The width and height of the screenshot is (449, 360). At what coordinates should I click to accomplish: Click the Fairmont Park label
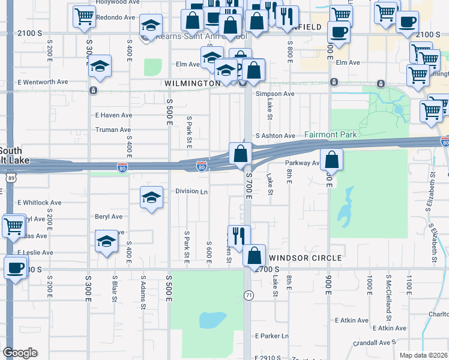(331, 135)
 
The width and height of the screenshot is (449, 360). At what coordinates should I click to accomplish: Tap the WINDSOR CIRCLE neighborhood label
(306, 257)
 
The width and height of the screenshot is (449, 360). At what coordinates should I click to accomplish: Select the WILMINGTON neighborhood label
(192, 83)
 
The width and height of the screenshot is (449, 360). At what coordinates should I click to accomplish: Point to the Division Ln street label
(191, 191)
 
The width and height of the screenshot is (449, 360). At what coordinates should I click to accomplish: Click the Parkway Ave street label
(304, 163)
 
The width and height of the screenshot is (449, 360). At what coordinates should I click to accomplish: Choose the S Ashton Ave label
(276, 136)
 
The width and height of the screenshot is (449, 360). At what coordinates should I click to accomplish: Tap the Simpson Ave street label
(275, 94)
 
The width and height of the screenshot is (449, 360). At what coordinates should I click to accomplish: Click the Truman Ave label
(113, 130)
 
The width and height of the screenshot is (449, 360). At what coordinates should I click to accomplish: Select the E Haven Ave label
(113, 115)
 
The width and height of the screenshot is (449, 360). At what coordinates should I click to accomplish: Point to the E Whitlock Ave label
(40, 203)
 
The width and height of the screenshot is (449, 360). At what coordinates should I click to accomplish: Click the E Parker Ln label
(272, 336)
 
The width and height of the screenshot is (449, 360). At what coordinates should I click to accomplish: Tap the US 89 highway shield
(13, 178)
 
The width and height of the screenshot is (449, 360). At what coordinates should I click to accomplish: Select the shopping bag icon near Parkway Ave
(331, 160)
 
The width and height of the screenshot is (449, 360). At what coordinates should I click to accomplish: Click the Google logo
(20, 353)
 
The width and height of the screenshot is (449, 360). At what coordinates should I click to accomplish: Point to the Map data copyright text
(423, 355)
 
